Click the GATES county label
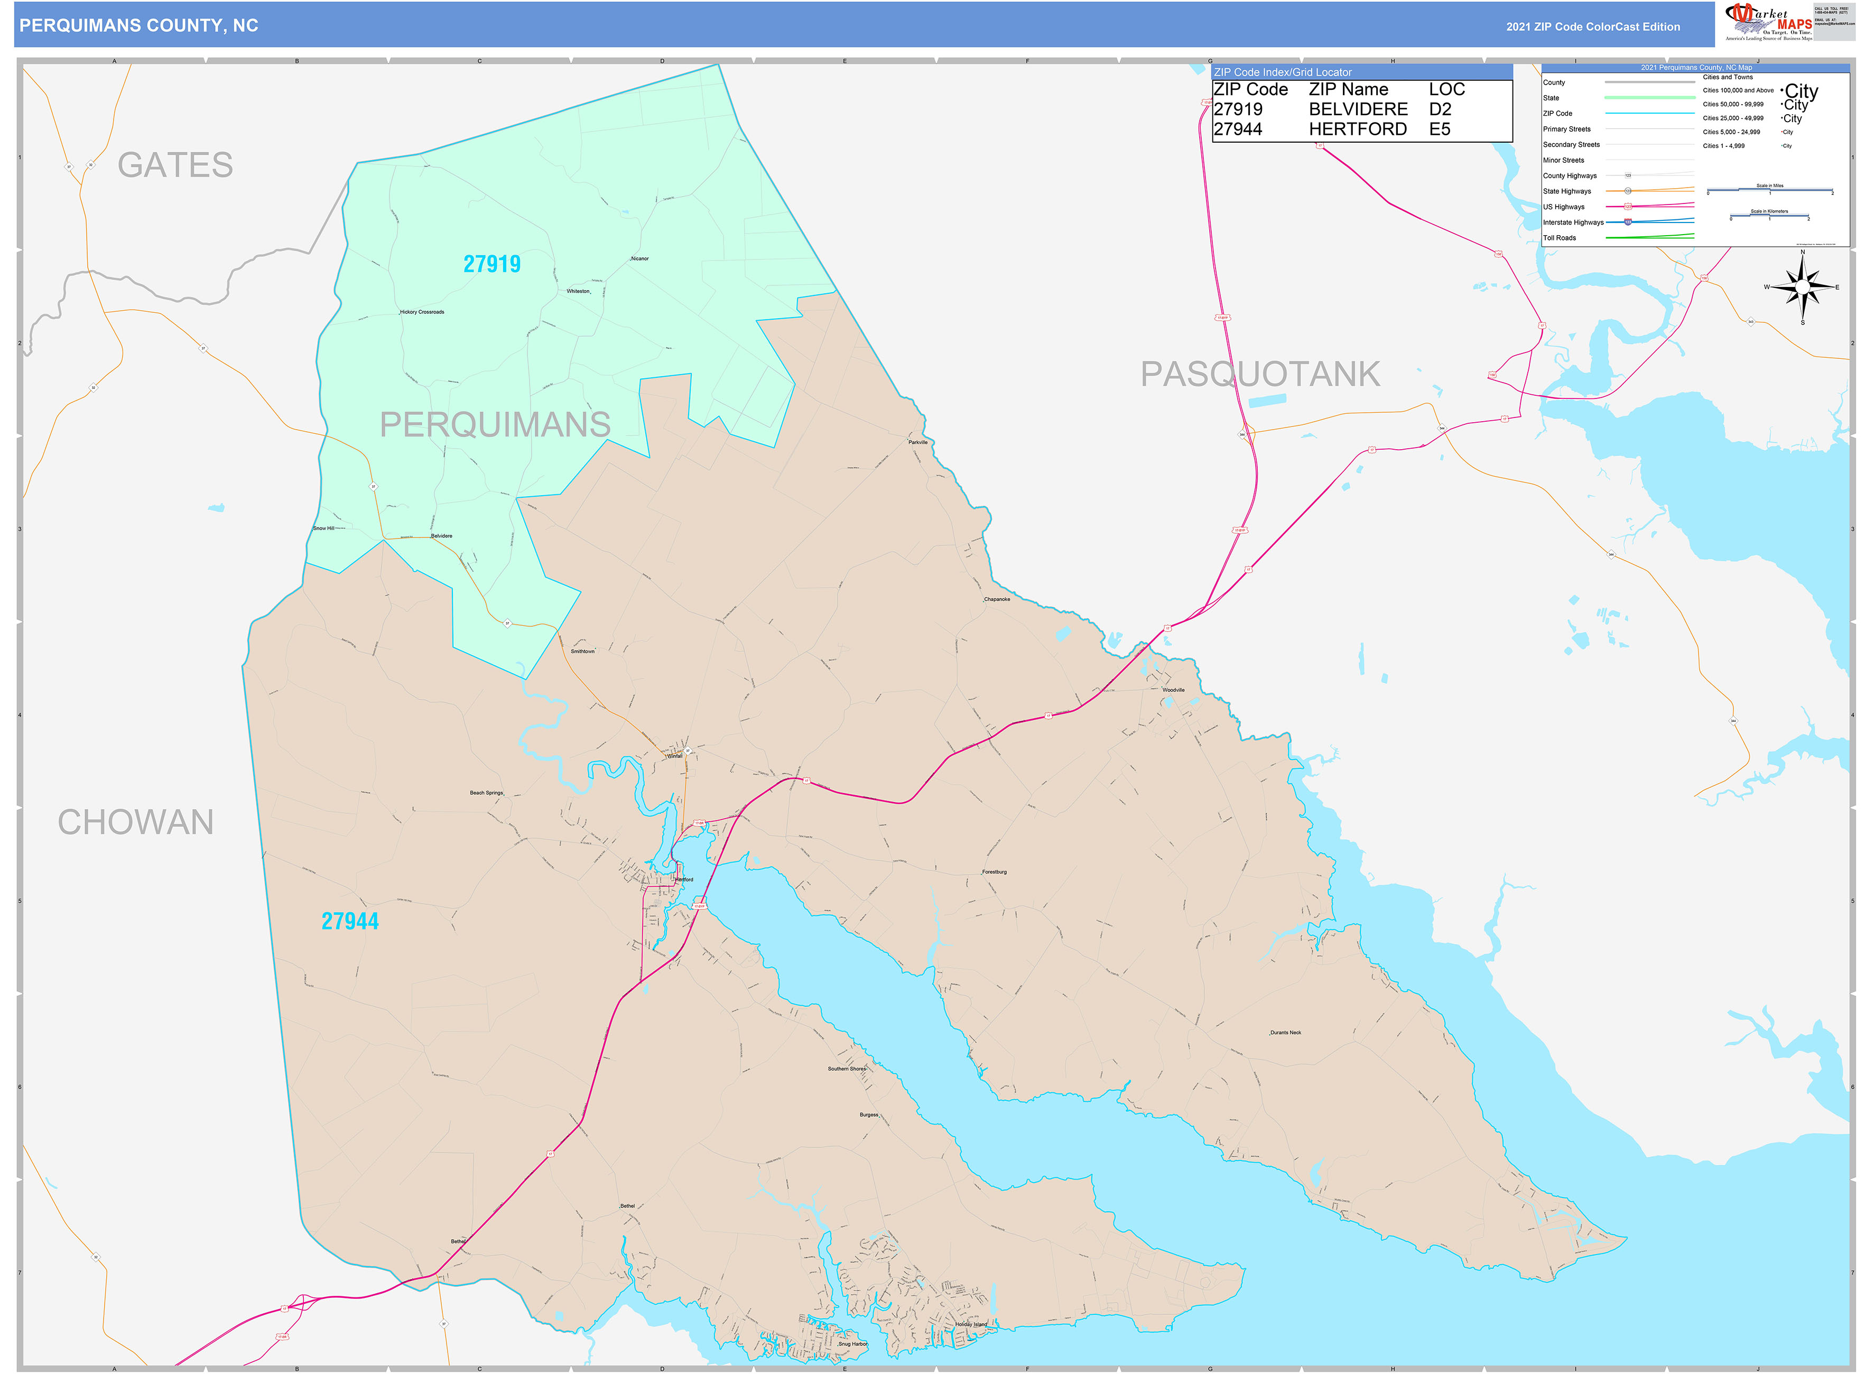point(175,165)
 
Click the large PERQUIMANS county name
point(495,424)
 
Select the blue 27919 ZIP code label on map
point(491,264)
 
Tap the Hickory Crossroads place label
point(422,312)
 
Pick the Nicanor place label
point(639,258)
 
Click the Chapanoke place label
point(997,599)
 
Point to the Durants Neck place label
point(1285,1032)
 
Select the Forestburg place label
point(994,871)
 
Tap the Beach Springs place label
point(487,793)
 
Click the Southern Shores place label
point(847,1069)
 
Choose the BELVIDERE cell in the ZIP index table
point(1358,109)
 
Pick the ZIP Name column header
point(1348,89)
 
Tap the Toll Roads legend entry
point(1560,238)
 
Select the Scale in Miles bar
point(1769,190)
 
